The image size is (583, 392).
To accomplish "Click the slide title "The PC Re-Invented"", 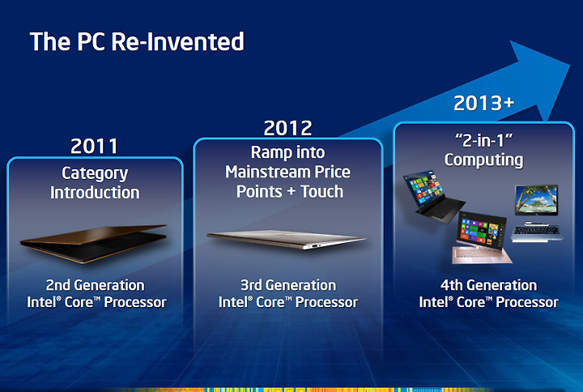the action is point(137,41).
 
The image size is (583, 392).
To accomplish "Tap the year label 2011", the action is point(95,146).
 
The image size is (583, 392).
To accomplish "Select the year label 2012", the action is point(287,128).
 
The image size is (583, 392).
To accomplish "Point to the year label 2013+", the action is point(483,103).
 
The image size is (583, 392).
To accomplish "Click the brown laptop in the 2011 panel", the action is point(93,243).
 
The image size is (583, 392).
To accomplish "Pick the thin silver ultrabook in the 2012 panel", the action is point(287,240).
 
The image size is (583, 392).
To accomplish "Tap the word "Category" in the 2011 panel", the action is point(95,174).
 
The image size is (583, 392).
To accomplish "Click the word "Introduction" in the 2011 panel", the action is point(95,193).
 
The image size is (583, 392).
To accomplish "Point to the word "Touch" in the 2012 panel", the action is point(322,191).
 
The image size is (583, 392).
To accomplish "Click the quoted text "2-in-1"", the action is point(483,141).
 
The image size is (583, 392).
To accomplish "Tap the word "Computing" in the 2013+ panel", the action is point(483,160).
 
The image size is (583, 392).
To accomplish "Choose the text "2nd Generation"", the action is point(96,285).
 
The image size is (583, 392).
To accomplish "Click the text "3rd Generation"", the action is point(288,285).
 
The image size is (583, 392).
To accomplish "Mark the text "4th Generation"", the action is point(488,285).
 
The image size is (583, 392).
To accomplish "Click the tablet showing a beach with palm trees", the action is point(536,200).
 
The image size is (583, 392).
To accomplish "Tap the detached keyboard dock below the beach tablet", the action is point(537,232).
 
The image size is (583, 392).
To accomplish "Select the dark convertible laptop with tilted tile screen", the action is point(432,196).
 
